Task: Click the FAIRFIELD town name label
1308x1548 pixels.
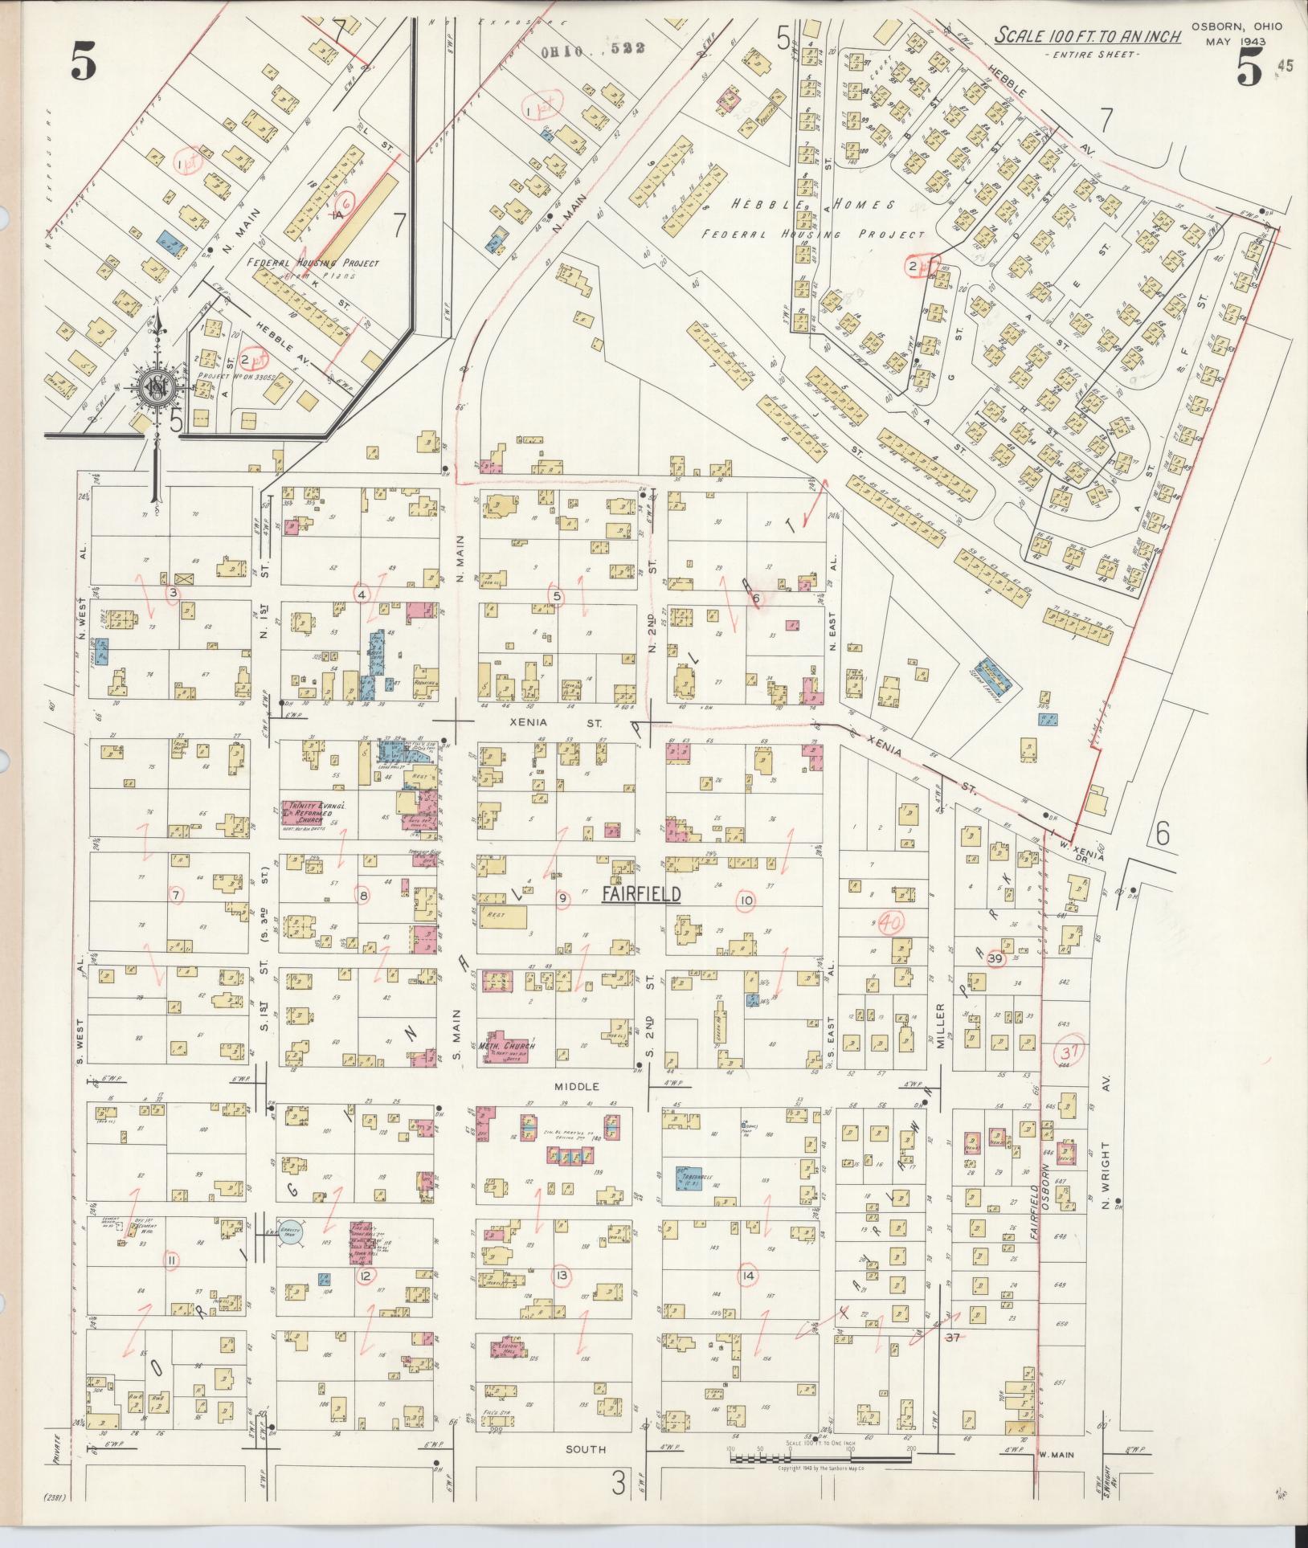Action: pos(642,895)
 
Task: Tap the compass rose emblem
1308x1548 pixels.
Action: pos(155,389)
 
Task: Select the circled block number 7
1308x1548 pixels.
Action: pos(176,894)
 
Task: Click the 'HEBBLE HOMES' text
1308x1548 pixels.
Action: pos(812,206)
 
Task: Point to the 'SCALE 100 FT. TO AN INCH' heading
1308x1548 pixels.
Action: pos(1088,36)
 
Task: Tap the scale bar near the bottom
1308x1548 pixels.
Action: pos(820,1455)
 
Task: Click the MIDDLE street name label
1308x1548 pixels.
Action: pos(577,1086)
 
